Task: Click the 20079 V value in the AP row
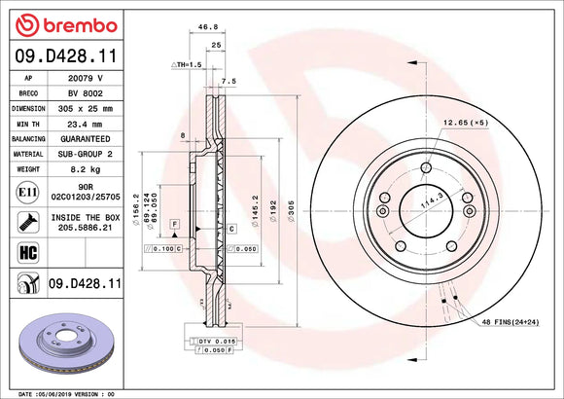[x=85, y=77]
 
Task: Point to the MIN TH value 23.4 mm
[x=85, y=124]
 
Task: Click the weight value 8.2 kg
[x=85, y=168]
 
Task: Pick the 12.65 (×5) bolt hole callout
[x=463, y=122]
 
